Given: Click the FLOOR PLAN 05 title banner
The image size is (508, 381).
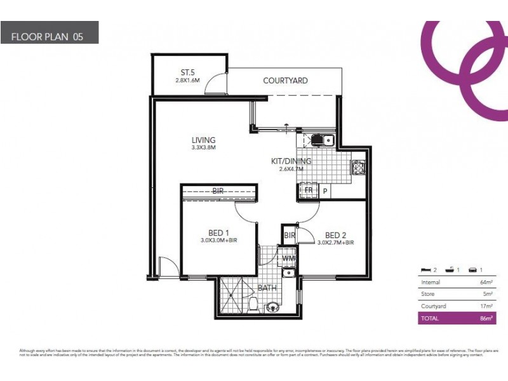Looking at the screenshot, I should [50, 32].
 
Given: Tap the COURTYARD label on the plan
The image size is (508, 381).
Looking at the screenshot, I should [285, 81].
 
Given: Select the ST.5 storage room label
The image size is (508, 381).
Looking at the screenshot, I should [187, 72].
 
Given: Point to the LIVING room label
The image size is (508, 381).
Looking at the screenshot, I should [204, 140].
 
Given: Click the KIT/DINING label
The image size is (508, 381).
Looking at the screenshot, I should [291, 161].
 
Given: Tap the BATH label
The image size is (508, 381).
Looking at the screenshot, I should [267, 288].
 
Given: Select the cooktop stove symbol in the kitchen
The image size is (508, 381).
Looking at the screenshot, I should [358, 168].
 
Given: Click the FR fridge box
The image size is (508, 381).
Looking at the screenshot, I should [309, 190].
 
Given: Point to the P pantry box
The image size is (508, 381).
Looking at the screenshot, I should [324, 190].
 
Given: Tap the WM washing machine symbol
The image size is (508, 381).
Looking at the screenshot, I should [288, 258].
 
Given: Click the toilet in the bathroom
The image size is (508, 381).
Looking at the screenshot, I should [253, 304].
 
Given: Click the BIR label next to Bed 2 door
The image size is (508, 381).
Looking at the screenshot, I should [290, 236].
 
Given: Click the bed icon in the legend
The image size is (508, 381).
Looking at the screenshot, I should [427, 271].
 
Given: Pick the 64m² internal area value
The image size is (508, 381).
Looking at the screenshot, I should [486, 282].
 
